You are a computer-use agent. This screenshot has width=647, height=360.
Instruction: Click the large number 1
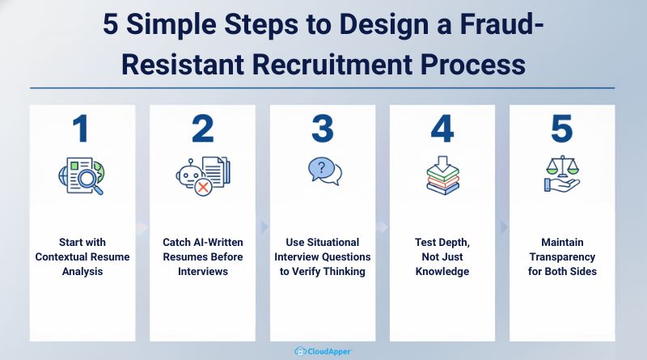point(82,130)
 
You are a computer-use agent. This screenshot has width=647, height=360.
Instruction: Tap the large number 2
point(202,130)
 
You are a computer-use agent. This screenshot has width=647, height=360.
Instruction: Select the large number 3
point(323,130)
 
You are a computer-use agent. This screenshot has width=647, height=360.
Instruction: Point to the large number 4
point(442,130)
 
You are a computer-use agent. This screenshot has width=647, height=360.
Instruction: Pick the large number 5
point(562,130)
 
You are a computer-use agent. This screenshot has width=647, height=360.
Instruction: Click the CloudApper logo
point(323,351)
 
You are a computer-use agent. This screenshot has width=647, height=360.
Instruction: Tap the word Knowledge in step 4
point(442,271)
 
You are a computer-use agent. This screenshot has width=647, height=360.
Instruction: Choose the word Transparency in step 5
point(562,256)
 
